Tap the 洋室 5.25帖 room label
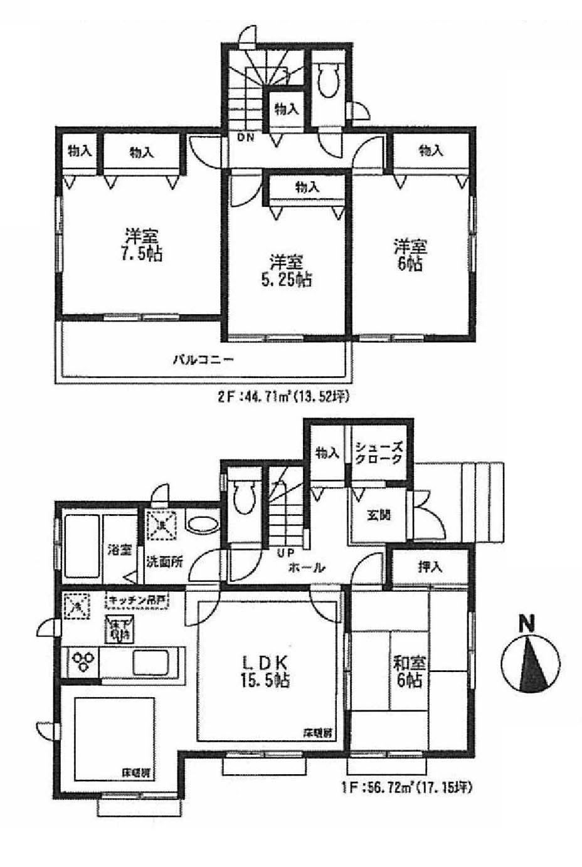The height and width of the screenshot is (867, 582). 285,270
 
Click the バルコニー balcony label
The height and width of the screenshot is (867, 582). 203,360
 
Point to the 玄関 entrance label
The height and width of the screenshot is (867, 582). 378,515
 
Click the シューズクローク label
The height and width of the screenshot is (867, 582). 378,453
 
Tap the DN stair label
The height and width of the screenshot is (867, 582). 245,138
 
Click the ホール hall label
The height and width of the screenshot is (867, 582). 306,568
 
